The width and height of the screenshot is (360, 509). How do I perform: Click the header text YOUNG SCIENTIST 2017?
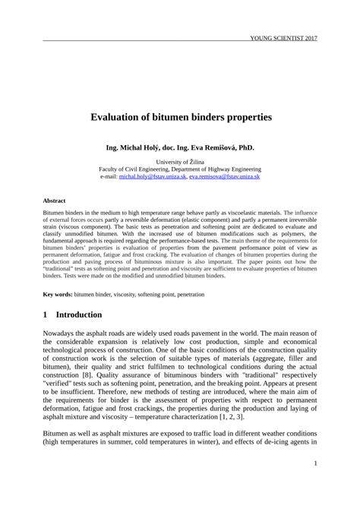(283, 38)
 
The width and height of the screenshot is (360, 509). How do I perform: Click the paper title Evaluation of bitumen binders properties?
(181, 119)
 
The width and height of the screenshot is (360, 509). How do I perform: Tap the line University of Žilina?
(181, 162)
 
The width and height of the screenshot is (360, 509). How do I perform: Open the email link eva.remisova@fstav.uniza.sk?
(225, 175)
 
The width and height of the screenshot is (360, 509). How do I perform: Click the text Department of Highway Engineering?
(219, 169)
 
